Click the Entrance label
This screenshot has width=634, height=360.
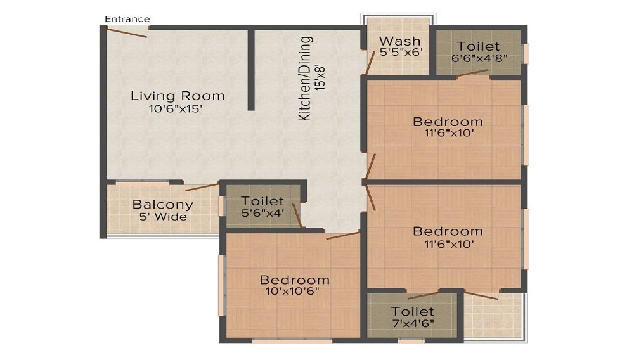click(x=127, y=19)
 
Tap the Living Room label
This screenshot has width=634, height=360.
click(x=178, y=96)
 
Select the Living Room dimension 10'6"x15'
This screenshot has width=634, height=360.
click(x=176, y=108)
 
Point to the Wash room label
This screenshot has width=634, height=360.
click(x=400, y=41)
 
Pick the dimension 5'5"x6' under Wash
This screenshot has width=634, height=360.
click(x=401, y=52)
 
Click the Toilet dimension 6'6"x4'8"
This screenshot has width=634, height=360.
click(x=479, y=58)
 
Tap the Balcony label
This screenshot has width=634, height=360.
click(x=162, y=204)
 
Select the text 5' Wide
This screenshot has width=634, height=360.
click(x=163, y=217)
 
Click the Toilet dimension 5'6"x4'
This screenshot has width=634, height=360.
click(x=262, y=212)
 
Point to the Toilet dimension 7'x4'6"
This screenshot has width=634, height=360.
click(x=413, y=323)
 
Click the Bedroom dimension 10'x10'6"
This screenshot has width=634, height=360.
click(x=292, y=291)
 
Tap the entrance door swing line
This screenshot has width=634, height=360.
click(x=127, y=32)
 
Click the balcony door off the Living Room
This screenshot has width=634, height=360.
click(x=202, y=187)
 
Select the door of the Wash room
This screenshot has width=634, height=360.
click(x=370, y=62)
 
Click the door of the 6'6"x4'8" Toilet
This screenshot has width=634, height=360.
click(x=473, y=73)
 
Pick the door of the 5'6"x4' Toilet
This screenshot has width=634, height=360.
click(x=297, y=216)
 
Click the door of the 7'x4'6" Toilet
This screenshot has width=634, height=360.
click(x=423, y=295)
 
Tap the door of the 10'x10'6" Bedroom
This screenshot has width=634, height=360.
click(x=343, y=235)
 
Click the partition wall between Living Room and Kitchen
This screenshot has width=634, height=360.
click(x=251, y=69)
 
